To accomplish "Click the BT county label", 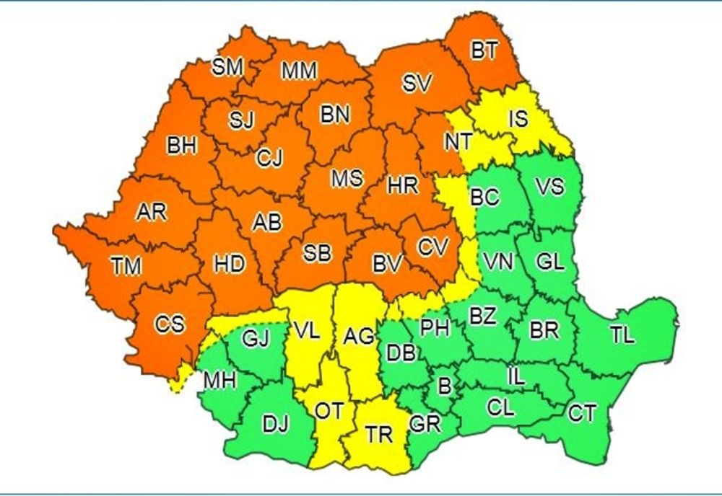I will [x=484, y=50].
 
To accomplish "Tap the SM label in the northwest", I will [x=227, y=68].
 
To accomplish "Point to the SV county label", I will [x=417, y=84].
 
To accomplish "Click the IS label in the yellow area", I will [x=518, y=119].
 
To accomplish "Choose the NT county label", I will [x=458, y=142].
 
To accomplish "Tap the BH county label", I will [x=181, y=146].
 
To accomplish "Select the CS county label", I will [x=170, y=324].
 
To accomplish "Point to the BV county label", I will [x=387, y=265].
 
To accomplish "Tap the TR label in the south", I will [x=378, y=435].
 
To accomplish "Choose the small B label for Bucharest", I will [x=445, y=387].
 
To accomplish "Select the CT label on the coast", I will [x=582, y=414].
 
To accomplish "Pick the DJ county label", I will [x=275, y=425].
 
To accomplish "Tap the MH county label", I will [x=219, y=378].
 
